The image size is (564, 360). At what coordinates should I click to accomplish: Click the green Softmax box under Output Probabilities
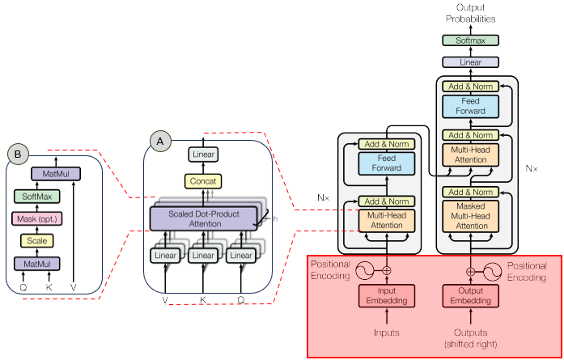(x=470, y=40)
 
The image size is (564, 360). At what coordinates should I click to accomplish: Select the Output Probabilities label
(x=470, y=13)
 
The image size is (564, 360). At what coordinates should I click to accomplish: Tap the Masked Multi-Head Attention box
(x=470, y=216)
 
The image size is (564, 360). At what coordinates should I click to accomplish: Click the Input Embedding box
(x=386, y=296)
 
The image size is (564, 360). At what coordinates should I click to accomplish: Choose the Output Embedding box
(x=470, y=296)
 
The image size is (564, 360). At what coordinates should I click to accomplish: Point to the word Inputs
(x=386, y=332)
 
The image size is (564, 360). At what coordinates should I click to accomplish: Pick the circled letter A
(x=159, y=141)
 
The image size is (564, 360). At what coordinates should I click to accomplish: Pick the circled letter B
(x=17, y=152)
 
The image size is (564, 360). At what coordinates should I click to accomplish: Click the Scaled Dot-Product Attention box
(x=203, y=217)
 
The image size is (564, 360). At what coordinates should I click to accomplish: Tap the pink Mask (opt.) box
(x=38, y=218)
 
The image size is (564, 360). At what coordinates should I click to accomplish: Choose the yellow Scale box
(x=38, y=240)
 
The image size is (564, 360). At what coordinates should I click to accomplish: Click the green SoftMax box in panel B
(x=38, y=197)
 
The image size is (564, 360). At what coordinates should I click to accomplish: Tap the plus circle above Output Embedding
(x=470, y=271)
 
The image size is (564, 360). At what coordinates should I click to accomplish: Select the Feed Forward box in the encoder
(x=386, y=164)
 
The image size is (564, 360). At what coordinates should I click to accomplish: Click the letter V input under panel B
(x=74, y=286)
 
